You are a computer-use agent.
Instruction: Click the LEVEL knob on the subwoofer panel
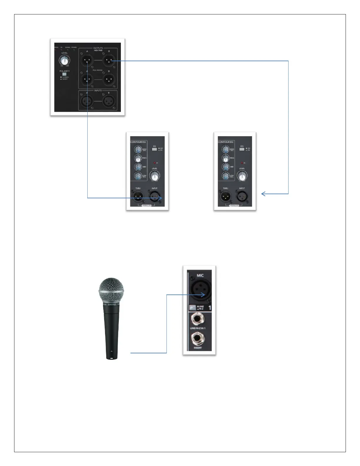[x=65, y=61]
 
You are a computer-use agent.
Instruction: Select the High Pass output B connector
[x=109, y=61]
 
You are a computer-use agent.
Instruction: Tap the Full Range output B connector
[x=109, y=79]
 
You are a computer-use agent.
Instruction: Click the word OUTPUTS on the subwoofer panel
[x=98, y=48]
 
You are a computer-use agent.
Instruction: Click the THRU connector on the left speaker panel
[x=138, y=197]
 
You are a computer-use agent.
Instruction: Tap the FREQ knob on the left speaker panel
[x=138, y=158]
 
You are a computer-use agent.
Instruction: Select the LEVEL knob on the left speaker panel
[x=154, y=177]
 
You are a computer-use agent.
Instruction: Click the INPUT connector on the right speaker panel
[x=241, y=197]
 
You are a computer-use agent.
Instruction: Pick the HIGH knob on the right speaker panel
[x=225, y=149]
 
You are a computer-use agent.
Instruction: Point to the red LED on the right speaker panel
[x=242, y=163]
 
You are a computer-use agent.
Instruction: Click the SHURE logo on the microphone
[x=112, y=304]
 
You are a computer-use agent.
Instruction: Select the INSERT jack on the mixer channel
[x=198, y=339]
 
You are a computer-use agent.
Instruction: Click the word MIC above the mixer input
[x=200, y=275]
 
